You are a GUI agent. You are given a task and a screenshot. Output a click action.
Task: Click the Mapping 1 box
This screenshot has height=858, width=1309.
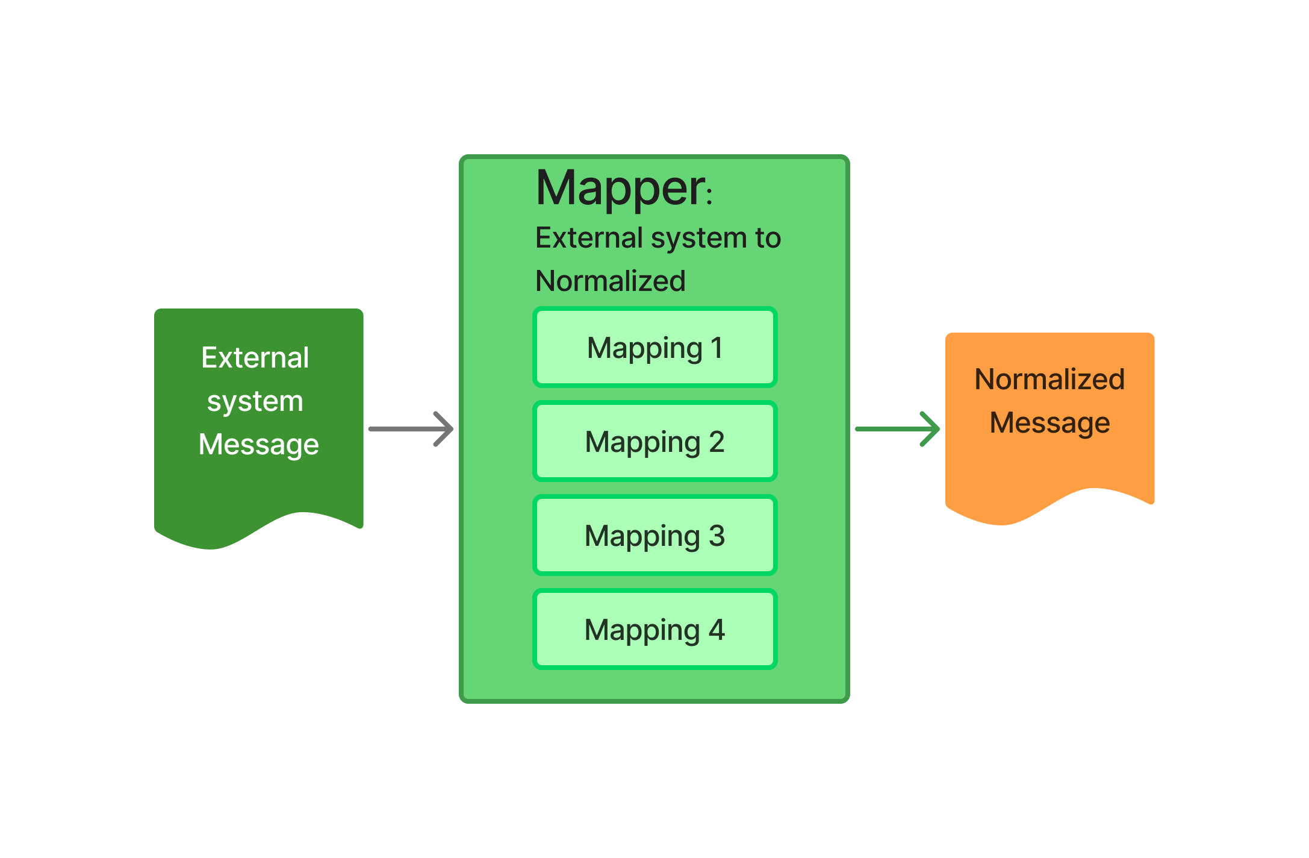pyautogui.click(x=654, y=347)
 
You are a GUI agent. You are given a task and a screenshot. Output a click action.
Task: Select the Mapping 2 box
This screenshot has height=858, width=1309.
pyautogui.click(x=654, y=441)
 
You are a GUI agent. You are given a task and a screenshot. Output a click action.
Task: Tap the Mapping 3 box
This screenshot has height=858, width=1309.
pyautogui.click(x=654, y=535)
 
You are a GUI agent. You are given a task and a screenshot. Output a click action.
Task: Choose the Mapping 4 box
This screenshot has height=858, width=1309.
pyautogui.click(x=654, y=629)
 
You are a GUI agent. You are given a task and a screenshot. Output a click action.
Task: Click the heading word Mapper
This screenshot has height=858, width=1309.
pyautogui.click(x=620, y=189)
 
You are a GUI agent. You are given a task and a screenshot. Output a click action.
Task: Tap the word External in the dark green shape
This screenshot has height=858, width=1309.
pyautogui.click(x=255, y=358)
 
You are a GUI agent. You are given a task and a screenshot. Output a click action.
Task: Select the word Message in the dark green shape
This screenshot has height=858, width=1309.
pyautogui.click(x=258, y=445)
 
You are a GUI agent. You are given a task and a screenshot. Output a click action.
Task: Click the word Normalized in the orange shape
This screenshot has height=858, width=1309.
pyautogui.click(x=1049, y=380)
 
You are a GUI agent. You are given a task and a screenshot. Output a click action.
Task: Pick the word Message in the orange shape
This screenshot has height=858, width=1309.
pyautogui.click(x=1049, y=423)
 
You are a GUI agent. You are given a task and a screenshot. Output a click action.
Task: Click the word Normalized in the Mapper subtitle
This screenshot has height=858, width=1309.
pyautogui.click(x=610, y=281)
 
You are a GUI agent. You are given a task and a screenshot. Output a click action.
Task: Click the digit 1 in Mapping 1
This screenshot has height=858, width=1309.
pyautogui.click(x=717, y=348)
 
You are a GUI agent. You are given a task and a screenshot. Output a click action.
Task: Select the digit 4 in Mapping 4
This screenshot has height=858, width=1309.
pyautogui.click(x=717, y=630)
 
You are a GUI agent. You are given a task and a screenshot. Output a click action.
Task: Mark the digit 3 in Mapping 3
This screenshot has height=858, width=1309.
pyautogui.click(x=717, y=536)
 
